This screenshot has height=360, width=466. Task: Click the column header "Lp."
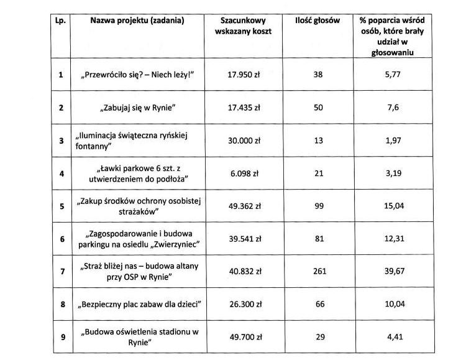pos(60,21)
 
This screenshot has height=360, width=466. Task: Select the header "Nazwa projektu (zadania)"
pos(138,21)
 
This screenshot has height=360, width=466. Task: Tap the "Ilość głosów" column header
pos(318,21)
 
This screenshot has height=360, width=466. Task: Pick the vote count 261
pos(318,272)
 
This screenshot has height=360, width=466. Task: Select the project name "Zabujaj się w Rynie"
pos(139,108)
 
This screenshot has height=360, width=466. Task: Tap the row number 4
pos(60,173)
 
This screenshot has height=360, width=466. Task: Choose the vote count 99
pos(318,206)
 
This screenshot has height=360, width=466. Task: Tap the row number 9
pos(60,337)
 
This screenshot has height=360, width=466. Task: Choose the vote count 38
pos(318,75)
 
